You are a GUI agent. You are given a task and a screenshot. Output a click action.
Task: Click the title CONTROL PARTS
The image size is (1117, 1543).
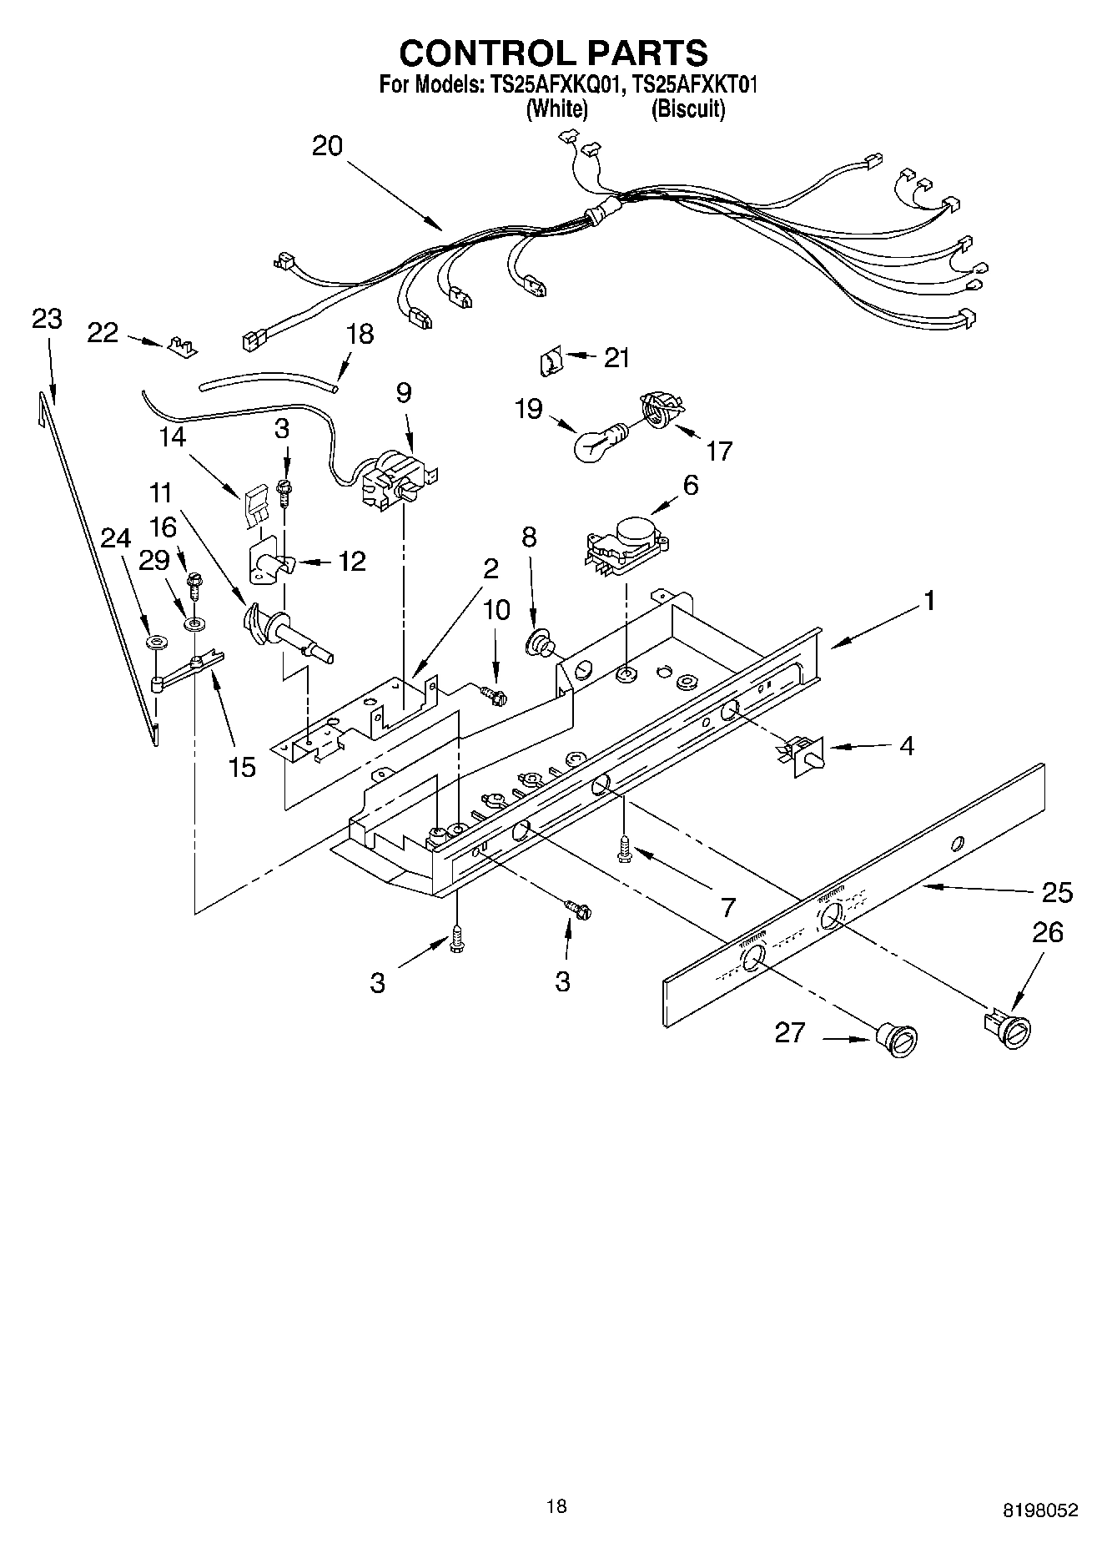554,53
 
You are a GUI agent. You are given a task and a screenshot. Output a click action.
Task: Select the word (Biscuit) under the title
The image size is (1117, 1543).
687,108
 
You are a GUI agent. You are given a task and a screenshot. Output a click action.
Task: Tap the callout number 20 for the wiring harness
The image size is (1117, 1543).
327,146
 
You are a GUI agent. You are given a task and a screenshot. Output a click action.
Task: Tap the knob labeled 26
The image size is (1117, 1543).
1012,1027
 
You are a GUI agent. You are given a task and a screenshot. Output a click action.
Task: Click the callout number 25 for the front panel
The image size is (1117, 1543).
1057,892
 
